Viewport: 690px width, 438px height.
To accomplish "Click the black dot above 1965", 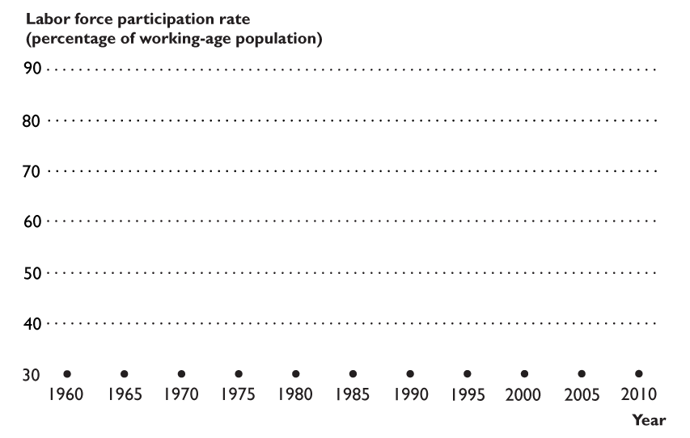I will point(125,373).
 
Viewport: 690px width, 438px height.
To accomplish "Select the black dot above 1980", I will point(296,373).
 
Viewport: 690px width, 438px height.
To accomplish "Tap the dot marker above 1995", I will point(468,373).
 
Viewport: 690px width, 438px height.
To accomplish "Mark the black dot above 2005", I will point(582,373).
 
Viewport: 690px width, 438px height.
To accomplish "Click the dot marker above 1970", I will point(181,373).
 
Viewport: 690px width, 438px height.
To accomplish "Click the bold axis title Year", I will point(649,420).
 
